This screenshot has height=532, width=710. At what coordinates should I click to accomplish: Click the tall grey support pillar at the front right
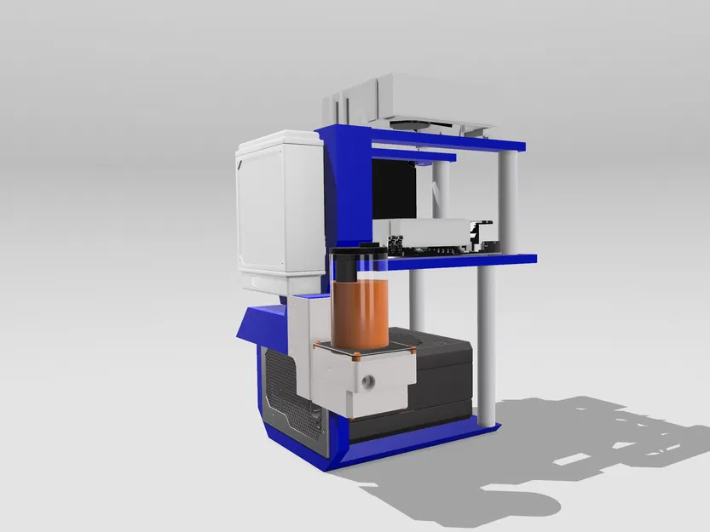(487, 340)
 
